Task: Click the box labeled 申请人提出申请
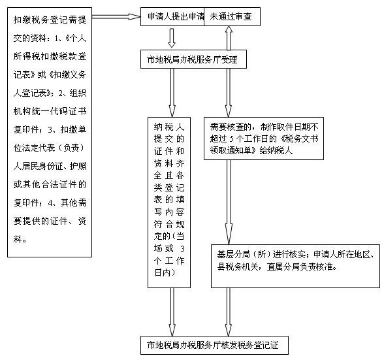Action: pos(172,17)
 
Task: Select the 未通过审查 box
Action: pos(232,17)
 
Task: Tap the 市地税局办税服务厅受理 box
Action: pos(193,59)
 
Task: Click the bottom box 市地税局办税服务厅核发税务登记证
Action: pos(214,345)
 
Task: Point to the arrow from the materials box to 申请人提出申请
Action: pos(116,17)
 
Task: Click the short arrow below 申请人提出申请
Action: pos(172,38)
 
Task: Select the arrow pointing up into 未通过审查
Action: pos(229,38)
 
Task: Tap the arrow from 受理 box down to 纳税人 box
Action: pos(172,93)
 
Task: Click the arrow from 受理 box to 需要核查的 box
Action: pos(229,93)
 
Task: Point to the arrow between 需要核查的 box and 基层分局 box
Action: pos(229,202)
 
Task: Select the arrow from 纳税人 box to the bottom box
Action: pos(172,312)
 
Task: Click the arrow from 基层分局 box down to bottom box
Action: pos(229,312)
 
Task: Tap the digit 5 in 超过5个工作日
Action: pos(232,139)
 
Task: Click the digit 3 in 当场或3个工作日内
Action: pos(182,249)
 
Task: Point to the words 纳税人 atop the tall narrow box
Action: pos(169,127)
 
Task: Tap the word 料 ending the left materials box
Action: pos(18,239)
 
